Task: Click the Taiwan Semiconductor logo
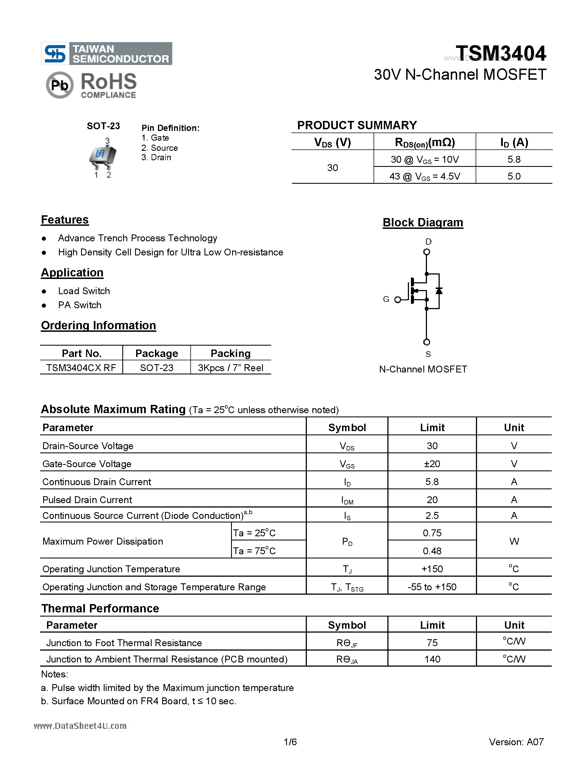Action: point(106,54)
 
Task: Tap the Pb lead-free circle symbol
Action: point(59,85)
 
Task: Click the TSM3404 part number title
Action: point(501,54)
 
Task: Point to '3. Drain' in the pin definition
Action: point(156,157)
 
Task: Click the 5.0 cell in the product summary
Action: point(514,176)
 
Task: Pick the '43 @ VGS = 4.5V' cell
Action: point(425,176)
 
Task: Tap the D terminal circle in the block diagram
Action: point(426,252)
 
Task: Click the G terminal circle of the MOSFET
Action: point(397,300)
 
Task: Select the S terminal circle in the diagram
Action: point(426,342)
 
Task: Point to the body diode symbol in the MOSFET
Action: point(439,291)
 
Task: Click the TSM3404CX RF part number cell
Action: point(81,367)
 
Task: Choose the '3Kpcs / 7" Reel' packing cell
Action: point(230,367)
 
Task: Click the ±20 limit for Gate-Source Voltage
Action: point(432,464)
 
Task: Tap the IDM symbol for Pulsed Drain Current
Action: point(347,500)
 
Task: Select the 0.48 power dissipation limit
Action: point(432,551)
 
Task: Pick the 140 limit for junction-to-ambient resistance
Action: point(432,659)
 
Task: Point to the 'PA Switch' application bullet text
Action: point(80,305)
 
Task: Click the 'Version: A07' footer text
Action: point(516,742)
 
